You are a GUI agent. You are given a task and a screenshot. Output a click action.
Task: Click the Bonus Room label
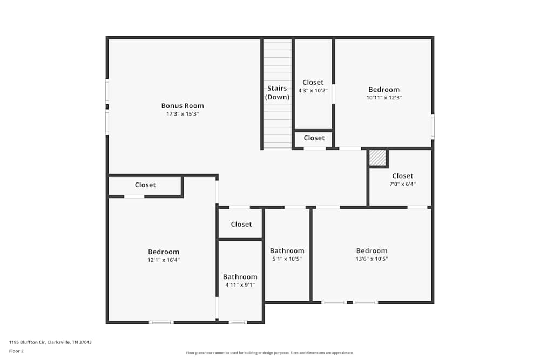[183, 106]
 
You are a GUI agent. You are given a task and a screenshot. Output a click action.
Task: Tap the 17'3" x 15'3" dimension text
[183, 114]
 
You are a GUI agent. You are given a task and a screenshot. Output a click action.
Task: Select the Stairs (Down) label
[277, 93]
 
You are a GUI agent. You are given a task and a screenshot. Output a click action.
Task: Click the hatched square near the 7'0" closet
[377, 158]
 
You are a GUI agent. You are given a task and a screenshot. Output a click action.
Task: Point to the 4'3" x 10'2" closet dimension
[313, 91]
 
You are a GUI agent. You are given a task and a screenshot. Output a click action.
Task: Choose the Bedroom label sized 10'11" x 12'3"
[384, 90]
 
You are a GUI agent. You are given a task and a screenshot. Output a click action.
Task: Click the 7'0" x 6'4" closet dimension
[402, 184]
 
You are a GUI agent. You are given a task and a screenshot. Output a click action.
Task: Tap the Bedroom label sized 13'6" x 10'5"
[372, 250]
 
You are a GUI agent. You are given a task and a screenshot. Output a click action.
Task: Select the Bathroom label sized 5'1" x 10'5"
[287, 250]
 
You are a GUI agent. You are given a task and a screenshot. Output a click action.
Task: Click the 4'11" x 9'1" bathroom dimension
[240, 285]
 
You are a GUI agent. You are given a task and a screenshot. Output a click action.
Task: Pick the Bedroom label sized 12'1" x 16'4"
[164, 252]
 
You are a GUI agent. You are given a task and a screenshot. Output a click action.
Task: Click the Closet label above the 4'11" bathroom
[241, 224]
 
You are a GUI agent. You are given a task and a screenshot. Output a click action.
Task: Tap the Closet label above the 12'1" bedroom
[145, 185]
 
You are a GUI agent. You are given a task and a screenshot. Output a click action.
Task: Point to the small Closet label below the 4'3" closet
[314, 138]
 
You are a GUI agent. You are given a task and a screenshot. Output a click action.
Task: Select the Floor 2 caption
[16, 351]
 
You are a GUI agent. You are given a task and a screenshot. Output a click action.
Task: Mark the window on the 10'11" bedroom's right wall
[433, 126]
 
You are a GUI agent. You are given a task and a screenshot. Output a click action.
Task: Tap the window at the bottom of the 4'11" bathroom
[238, 322]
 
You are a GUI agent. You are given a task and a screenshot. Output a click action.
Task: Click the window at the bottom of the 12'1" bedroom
[161, 322]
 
